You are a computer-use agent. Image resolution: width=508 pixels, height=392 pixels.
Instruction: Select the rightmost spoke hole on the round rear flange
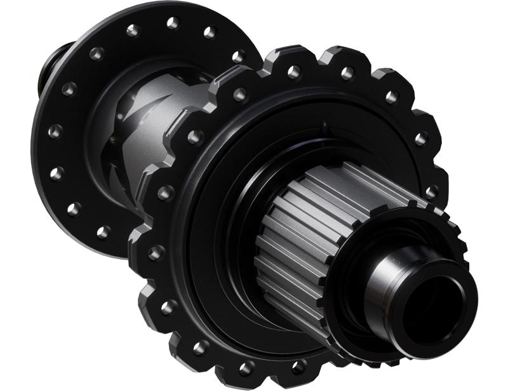tap(239, 57)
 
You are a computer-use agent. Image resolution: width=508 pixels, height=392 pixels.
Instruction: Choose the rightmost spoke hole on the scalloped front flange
tap(432, 191)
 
